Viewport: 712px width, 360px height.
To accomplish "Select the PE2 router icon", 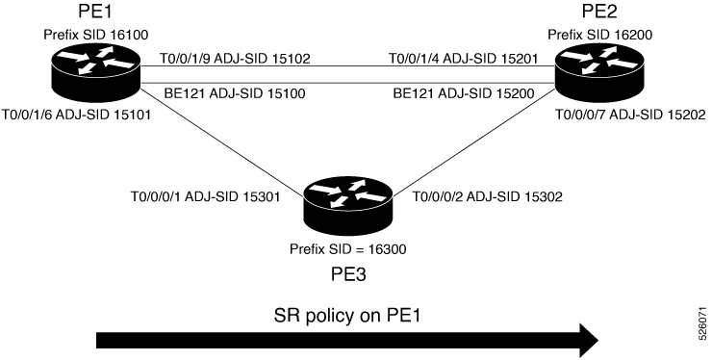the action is (x=599, y=72).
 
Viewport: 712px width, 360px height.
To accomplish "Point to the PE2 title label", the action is (x=599, y=12).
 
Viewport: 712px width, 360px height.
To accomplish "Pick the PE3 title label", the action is (x=348, y=274).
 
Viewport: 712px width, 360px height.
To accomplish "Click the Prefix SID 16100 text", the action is (x=96, y=35).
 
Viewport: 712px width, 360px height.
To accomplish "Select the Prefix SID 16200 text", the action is (x=600, y=35).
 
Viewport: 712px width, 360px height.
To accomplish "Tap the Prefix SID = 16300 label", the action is (x=348, y=249).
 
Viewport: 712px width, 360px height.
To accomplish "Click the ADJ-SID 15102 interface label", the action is (x=235, y=58).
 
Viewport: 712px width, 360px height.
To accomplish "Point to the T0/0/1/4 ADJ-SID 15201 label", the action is (x=463, y=58).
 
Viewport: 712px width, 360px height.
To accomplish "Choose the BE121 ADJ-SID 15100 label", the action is (x=235, y=93).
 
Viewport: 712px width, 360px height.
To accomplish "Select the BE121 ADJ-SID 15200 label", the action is (x=464, y=93).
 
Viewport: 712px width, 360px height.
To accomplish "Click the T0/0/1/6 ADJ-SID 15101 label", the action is (x=76, y=115).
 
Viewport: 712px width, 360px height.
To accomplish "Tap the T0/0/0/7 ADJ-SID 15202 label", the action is (x=631, y=115).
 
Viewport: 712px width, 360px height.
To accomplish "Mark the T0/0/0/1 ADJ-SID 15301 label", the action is (x=205, y=196).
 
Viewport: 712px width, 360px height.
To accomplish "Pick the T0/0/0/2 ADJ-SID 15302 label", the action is (x=487, y=196).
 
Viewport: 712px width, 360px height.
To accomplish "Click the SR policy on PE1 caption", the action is (x=347, y=315).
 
